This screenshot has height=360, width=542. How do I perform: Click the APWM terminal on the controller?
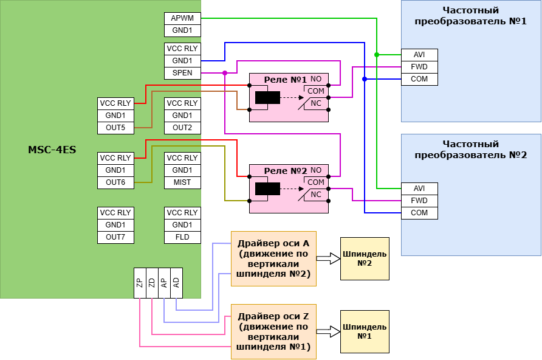(182, 18)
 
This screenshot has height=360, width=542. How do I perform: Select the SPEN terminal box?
(182, 73)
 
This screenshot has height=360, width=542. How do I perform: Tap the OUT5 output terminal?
(115, 128)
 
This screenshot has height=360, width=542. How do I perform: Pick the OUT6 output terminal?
(115, 182)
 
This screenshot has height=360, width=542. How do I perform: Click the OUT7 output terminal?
(115, 237)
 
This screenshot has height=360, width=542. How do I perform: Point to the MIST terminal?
(182, 182)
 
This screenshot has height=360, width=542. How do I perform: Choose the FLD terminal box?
(182, 237)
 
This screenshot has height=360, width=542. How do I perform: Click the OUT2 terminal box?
(182, 128)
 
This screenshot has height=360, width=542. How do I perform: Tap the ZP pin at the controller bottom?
(140, 283)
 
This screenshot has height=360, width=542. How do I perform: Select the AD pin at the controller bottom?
(176, 283)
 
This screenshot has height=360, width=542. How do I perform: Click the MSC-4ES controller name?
(52, 150)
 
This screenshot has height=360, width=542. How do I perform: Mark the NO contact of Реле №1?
(316, 79)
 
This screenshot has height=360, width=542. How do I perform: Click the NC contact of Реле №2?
(316, 195)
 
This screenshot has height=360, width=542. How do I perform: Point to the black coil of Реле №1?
(267, 97)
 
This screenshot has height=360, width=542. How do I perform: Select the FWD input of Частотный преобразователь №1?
(419, 67)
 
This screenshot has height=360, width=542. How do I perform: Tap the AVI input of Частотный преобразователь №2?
(419, 189)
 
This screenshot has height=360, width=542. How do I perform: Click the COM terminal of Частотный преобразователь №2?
(419, 213)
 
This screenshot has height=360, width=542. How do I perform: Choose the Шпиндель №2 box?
(365, 258)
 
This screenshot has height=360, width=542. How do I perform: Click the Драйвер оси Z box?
(273, 331)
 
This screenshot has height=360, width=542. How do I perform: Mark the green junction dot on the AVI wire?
(377, 55)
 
